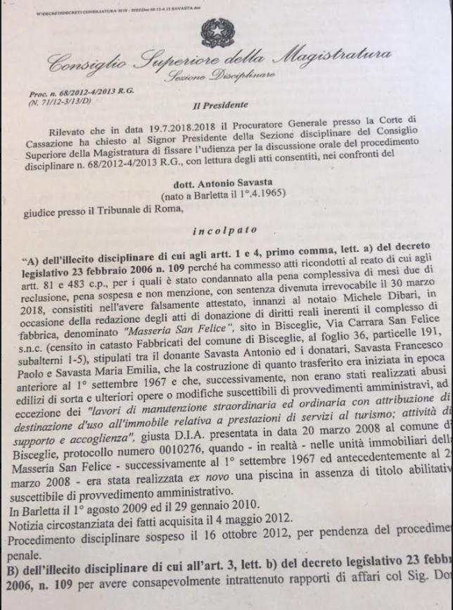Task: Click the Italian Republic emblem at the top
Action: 217,32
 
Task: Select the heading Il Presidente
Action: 220,106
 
